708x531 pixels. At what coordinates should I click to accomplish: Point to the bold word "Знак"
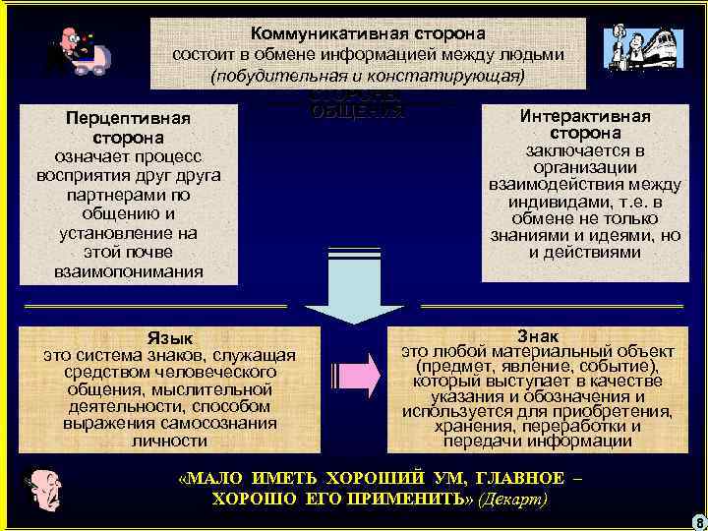click(536, 335)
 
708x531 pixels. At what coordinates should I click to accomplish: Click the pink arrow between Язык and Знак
click(364, 379)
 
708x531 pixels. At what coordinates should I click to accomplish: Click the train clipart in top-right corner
click(643, 49)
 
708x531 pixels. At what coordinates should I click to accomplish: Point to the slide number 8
click(697, 521)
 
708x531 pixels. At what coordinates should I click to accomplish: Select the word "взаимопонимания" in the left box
click(131, 270)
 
